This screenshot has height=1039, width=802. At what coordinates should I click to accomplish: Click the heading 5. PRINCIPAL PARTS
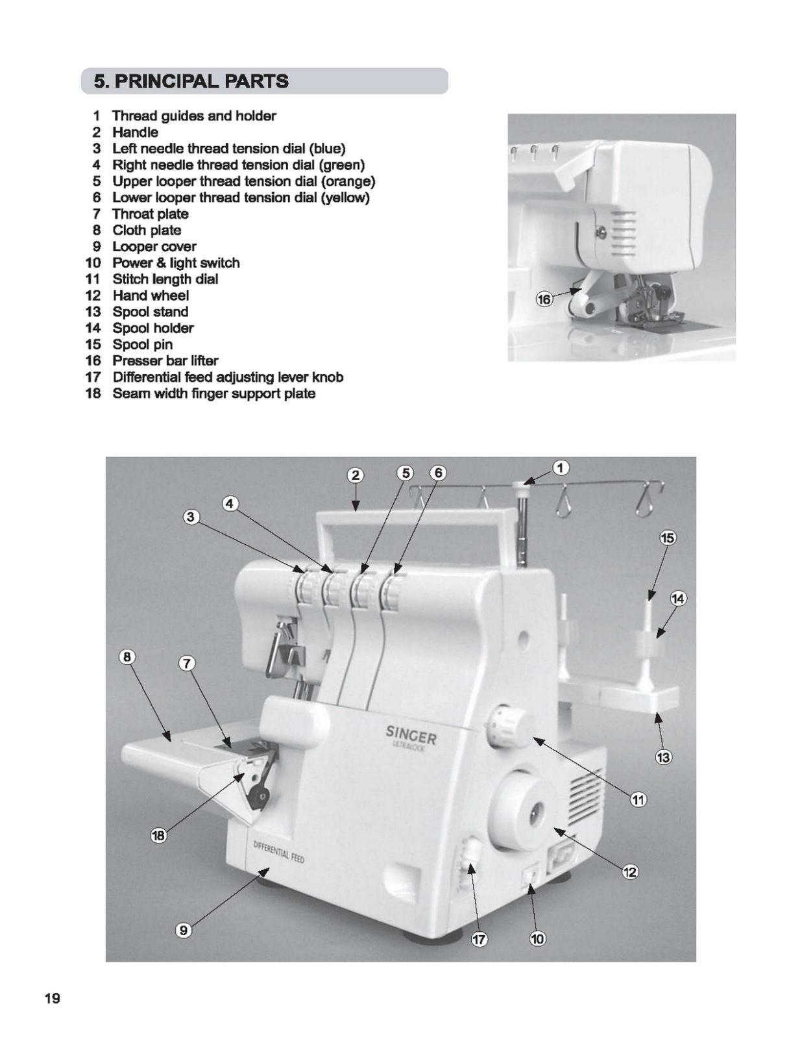click(x=191, y=81)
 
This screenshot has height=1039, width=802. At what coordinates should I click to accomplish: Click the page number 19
click(x=53, y=998)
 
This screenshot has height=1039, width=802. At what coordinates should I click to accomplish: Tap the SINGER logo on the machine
click(x=411, y=735)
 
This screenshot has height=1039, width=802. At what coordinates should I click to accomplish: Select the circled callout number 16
click(x=544, y=299)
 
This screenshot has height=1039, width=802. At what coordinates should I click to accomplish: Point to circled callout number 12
click(x=630, y=871)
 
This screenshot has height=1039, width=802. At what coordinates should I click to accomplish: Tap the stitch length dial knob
click(x=507, y=726)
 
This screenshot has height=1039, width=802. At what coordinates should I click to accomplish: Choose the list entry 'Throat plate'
click(x=151, y=214)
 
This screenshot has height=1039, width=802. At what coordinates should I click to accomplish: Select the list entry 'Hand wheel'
click(x=151, y=295)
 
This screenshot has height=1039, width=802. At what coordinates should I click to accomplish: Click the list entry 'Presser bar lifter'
click(x=165, y=360)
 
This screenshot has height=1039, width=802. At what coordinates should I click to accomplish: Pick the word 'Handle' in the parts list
click(x=135, y=132)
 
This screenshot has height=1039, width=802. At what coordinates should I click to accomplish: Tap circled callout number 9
click(x=184, y=931)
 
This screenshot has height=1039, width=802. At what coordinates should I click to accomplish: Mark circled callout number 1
click(x=561, y=468)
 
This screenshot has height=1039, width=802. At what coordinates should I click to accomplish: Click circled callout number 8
click(x=127, y=657)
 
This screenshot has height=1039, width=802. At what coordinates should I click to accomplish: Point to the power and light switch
click(x=529, y=877)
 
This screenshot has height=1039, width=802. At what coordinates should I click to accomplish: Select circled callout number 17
click(x=479, y=939)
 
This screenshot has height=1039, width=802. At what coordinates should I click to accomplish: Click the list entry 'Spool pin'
click(x=142, y=344)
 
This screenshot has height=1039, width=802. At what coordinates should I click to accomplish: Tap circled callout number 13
click(x=663, y=757)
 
